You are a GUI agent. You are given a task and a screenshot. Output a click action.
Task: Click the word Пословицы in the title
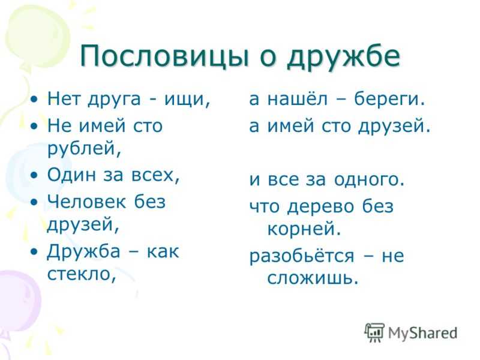click(x=164, y=56)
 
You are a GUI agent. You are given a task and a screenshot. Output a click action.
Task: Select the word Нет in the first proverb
click(x=64, y=98)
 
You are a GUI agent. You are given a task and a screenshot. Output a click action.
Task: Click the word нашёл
click(x=297, y=98)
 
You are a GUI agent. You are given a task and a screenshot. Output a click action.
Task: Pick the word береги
click(x=389, y=100)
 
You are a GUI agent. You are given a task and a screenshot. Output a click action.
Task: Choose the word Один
click(x=71, y=175)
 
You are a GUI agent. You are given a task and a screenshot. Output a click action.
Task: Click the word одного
click(x=370, y=180)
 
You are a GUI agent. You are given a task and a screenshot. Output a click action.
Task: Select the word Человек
click(x=86, y=202)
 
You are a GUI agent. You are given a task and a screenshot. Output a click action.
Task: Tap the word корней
click(x=304, y=229)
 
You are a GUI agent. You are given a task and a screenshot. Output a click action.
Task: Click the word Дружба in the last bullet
click(x=83, y=251)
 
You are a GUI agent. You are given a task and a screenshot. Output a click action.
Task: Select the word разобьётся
click(x=302, y=256)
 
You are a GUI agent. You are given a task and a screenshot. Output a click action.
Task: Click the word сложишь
click(x=313, y=278)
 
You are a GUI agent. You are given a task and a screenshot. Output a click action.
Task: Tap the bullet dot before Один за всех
click(x=35, y=175)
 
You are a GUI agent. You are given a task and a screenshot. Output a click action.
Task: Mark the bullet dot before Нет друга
click(x=35, y=99)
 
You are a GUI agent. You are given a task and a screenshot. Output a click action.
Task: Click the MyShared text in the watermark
click(x=423, y=333)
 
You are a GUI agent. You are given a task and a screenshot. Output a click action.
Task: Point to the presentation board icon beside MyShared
click(x=374, y=332)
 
